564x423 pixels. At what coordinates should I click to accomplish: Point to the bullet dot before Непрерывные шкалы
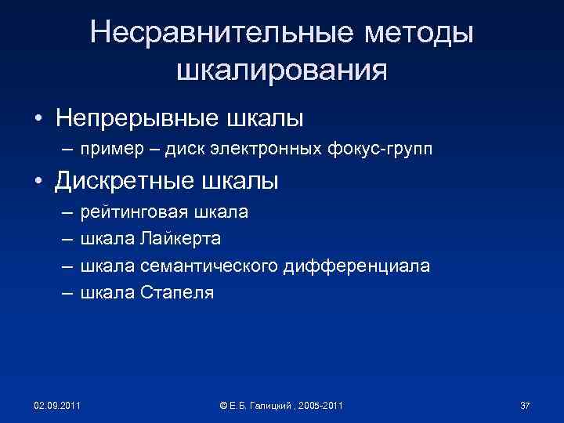coord(38,120)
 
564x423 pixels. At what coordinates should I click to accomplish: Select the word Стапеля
coord(179,293)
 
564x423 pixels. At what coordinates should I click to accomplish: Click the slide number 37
coord(525,405)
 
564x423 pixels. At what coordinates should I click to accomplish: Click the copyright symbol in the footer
coord(224,405)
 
